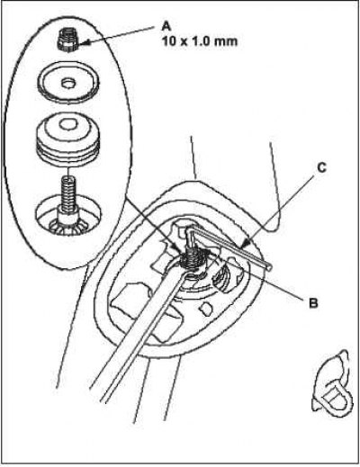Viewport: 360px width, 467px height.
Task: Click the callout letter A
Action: (166, 26)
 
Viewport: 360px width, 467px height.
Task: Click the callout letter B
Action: (313, 303)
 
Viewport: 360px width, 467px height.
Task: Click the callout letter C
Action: (321, 168)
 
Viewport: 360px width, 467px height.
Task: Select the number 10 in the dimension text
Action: (169, 40)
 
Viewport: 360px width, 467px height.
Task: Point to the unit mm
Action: (224, 41)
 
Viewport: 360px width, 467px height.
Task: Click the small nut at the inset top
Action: (67, 40)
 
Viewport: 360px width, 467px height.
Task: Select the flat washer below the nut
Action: (68, 83)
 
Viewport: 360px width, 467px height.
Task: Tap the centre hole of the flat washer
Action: (68, 83)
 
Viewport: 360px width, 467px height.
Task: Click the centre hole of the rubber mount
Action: (67, 123)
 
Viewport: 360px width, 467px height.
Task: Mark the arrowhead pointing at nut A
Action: (83, 43)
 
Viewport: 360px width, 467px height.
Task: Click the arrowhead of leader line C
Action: (243, 243)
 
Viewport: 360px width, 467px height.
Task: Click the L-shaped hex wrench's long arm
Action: (231, 247)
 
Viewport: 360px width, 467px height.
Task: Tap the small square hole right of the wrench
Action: (206, 309)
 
